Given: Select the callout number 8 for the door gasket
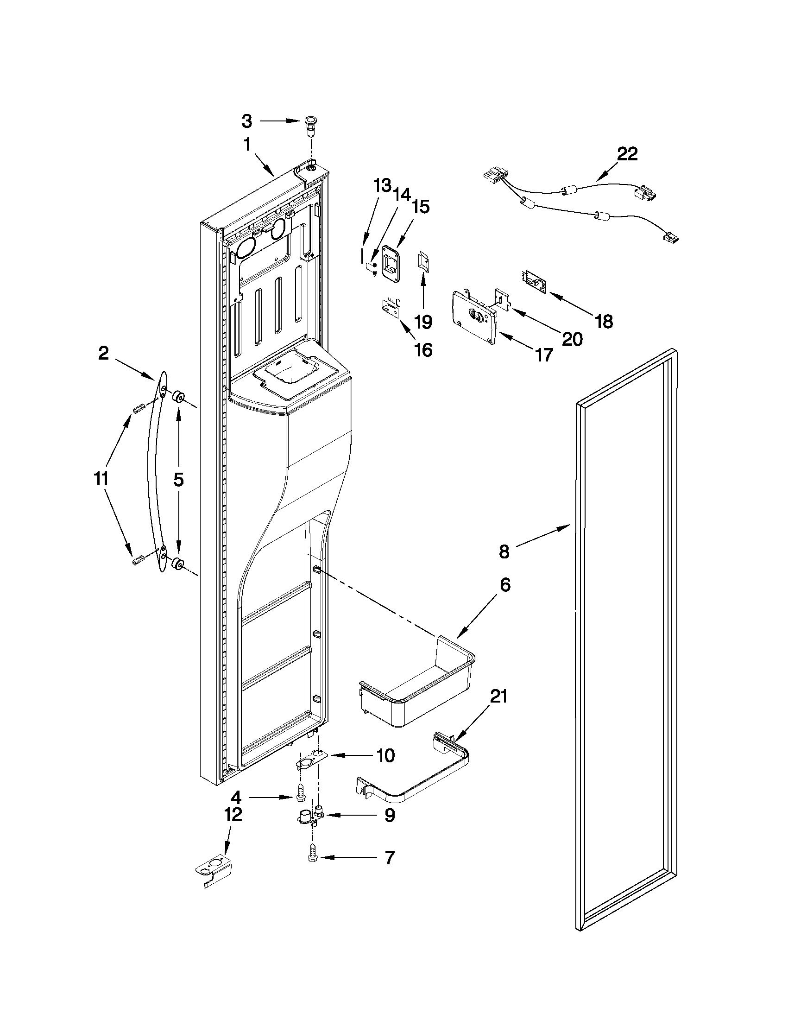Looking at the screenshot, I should click(504, 551).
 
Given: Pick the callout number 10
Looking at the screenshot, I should click(385, 755).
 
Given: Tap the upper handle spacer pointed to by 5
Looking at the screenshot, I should click(178, 398).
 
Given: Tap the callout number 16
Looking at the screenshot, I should click(423, 350).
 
